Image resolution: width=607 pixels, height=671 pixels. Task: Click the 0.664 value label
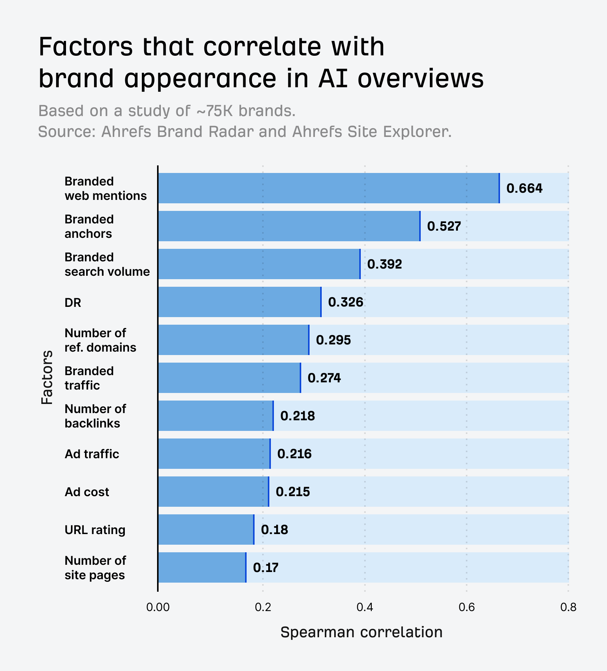pos(524,189)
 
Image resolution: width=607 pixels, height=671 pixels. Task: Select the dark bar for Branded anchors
pos(289,226)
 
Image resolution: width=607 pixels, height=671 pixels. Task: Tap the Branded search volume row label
pos(107,264)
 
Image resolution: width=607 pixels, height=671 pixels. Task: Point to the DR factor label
pos(73,303)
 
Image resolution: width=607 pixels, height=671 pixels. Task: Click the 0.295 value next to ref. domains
pos(333,340)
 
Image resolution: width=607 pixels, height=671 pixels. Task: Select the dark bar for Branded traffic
pos(229,378)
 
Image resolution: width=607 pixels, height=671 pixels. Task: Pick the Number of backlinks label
pos(95,416)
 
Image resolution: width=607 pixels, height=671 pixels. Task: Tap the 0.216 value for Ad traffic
pos(294,454)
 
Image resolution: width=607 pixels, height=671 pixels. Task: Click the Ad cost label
pos(86,492)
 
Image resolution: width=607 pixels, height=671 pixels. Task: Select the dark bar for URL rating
pos(206,530)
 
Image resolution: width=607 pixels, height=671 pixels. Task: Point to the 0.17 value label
pos(266,568)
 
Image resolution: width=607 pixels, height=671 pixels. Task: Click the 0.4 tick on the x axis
pos(365,608)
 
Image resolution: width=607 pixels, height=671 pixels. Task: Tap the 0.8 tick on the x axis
pos(568,608)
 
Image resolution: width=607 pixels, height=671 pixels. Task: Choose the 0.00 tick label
pos(158,608)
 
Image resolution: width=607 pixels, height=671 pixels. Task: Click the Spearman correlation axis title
pos(361,632)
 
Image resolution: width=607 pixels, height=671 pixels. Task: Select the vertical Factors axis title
pos(47,377)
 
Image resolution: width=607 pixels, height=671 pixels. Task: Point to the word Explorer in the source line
pos(417,132)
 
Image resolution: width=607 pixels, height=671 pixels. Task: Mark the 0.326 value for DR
pos(345,302)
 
